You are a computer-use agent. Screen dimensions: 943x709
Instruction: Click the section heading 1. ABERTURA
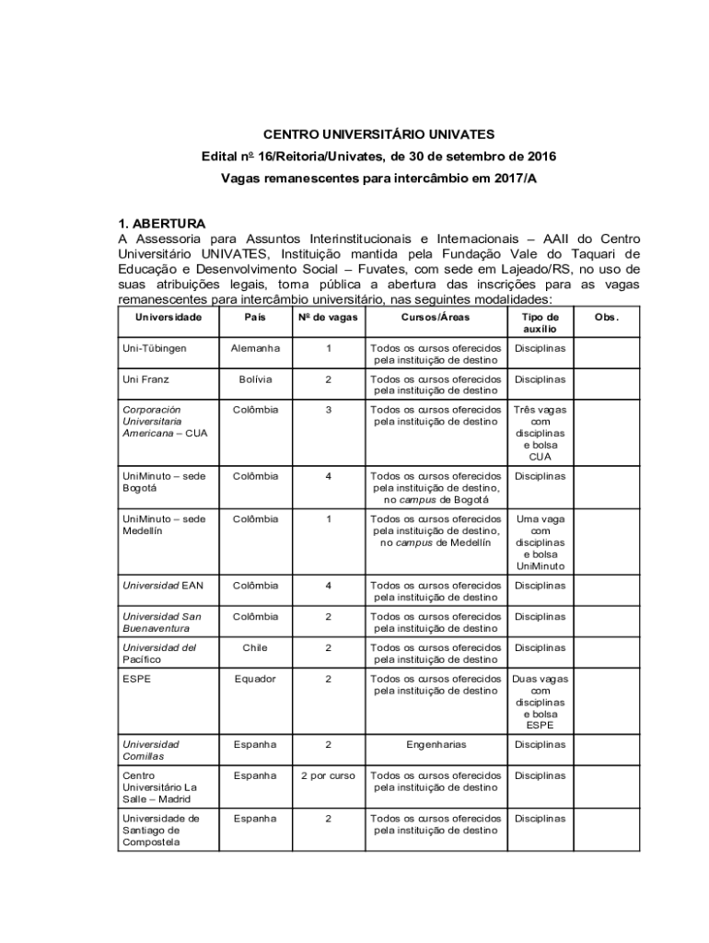click(162, 223)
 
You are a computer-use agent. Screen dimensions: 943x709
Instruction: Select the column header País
click(255, 317)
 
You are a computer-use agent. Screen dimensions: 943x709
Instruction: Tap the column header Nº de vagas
click(329, 317)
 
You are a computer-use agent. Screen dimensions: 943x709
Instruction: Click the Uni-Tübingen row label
click(148, 348)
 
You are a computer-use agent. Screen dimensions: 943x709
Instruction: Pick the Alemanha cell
click(255, 348)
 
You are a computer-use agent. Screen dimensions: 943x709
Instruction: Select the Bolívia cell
click(255, 378)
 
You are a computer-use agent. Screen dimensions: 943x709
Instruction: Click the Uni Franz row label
click(145, 378)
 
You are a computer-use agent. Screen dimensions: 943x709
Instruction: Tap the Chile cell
click(255, 647)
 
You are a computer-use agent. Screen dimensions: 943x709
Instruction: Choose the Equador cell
click(255, 679)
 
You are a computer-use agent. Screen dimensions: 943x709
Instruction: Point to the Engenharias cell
click(436, 744)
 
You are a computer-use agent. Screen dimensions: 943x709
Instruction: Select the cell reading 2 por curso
click(329, 775)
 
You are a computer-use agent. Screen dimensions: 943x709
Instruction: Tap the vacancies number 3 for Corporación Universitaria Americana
click(329, 409)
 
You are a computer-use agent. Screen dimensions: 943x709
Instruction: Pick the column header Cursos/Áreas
click(436, 317)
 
